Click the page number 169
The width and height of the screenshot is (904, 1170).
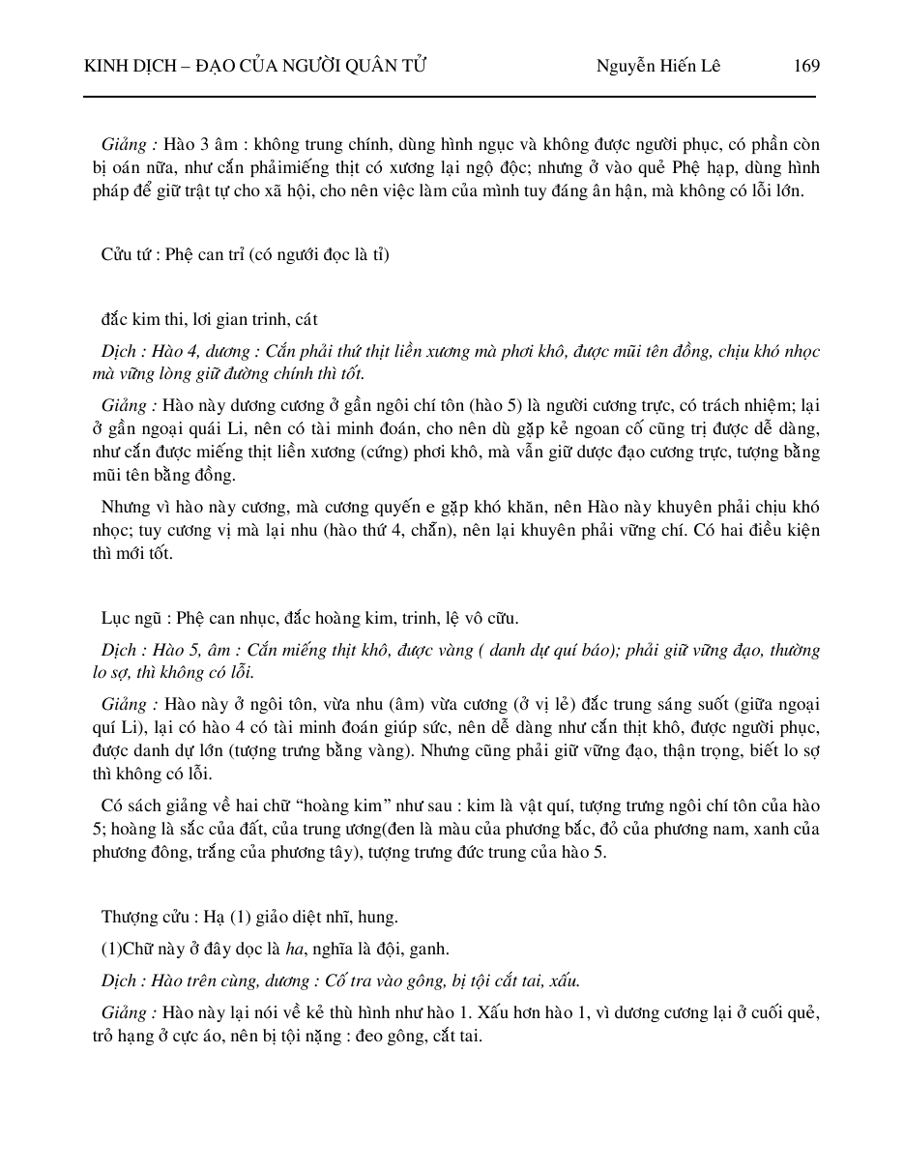point(805,66)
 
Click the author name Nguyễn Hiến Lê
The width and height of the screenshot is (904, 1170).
point(657,66)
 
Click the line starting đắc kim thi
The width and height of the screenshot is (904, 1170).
point(209,319)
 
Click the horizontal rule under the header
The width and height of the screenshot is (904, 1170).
point(450,96)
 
